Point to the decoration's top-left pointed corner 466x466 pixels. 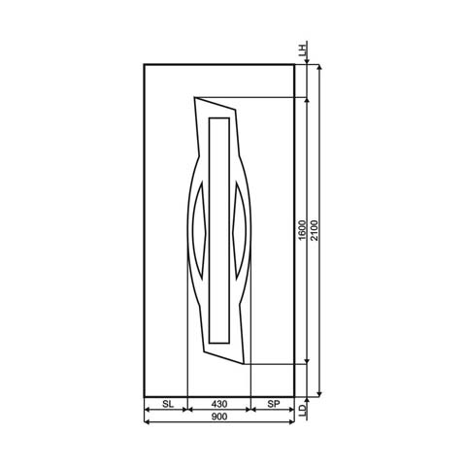pos(195,97)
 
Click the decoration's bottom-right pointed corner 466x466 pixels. pos(249,364)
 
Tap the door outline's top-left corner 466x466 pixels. pos(144,64)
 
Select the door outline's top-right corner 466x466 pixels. pos(294,64)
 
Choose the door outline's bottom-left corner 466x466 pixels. pos(144,397)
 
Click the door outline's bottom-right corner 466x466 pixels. pos(294,397)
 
